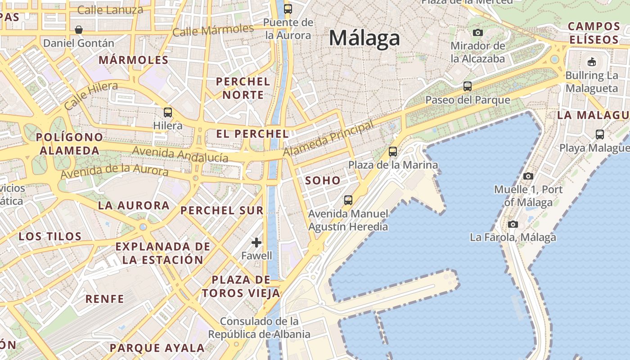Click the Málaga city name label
(364, 38)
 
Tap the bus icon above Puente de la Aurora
(288, 9)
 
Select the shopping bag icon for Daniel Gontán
(79, 30)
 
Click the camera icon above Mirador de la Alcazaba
(478, 32)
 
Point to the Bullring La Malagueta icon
(592, 62)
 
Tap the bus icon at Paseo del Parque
(468, 86)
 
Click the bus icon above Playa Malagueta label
(599, 134)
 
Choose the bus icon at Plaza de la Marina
(393, 152)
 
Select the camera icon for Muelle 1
(528, 176)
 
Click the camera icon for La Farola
(513, 224)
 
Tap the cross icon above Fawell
(256, 243)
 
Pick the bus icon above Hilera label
(168, 112)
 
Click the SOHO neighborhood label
(323, 181)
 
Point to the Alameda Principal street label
(328, 139)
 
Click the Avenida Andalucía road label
(180, 154)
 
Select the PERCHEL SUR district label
(222, 210)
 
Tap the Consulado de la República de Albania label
(259, 328)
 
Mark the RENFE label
(104, 299)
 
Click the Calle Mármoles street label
(213, 31)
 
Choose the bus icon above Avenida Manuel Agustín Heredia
(348, 200)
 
